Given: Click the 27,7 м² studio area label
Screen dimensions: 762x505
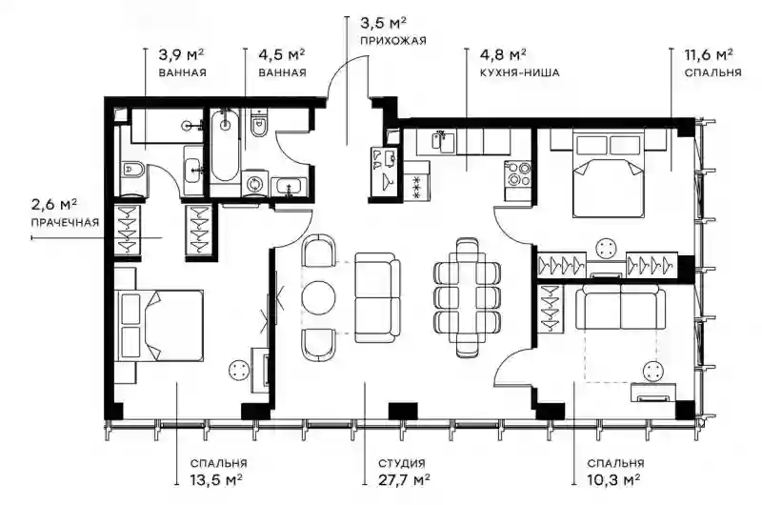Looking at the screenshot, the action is (404, 480).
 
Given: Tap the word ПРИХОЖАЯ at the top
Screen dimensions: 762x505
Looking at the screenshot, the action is (393, 40).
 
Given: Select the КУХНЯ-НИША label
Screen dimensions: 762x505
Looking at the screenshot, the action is (519, 72).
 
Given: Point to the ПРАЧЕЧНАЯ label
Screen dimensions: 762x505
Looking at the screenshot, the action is (65, 223).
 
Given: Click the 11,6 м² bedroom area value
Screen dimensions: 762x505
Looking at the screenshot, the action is (709, 54).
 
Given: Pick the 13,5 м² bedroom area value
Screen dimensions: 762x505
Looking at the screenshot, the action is (216, 480).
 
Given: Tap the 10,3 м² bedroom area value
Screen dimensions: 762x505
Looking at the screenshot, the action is (613, 480).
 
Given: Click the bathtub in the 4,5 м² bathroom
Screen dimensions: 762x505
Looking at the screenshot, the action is (225, 146).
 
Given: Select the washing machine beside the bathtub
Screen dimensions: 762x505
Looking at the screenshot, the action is (254, 184).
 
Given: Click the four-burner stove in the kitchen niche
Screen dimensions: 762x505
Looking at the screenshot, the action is (519, 174).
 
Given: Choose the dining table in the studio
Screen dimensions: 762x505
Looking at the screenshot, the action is (468, 297).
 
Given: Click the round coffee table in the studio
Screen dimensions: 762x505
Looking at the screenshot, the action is (318, 297).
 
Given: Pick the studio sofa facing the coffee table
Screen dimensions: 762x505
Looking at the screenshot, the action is (377, 297).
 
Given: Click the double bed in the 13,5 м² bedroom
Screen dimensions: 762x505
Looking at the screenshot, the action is (159, 325).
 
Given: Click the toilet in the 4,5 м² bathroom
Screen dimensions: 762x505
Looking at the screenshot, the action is (258, 124).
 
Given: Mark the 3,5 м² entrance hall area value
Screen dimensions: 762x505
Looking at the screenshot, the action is (384, 23).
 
